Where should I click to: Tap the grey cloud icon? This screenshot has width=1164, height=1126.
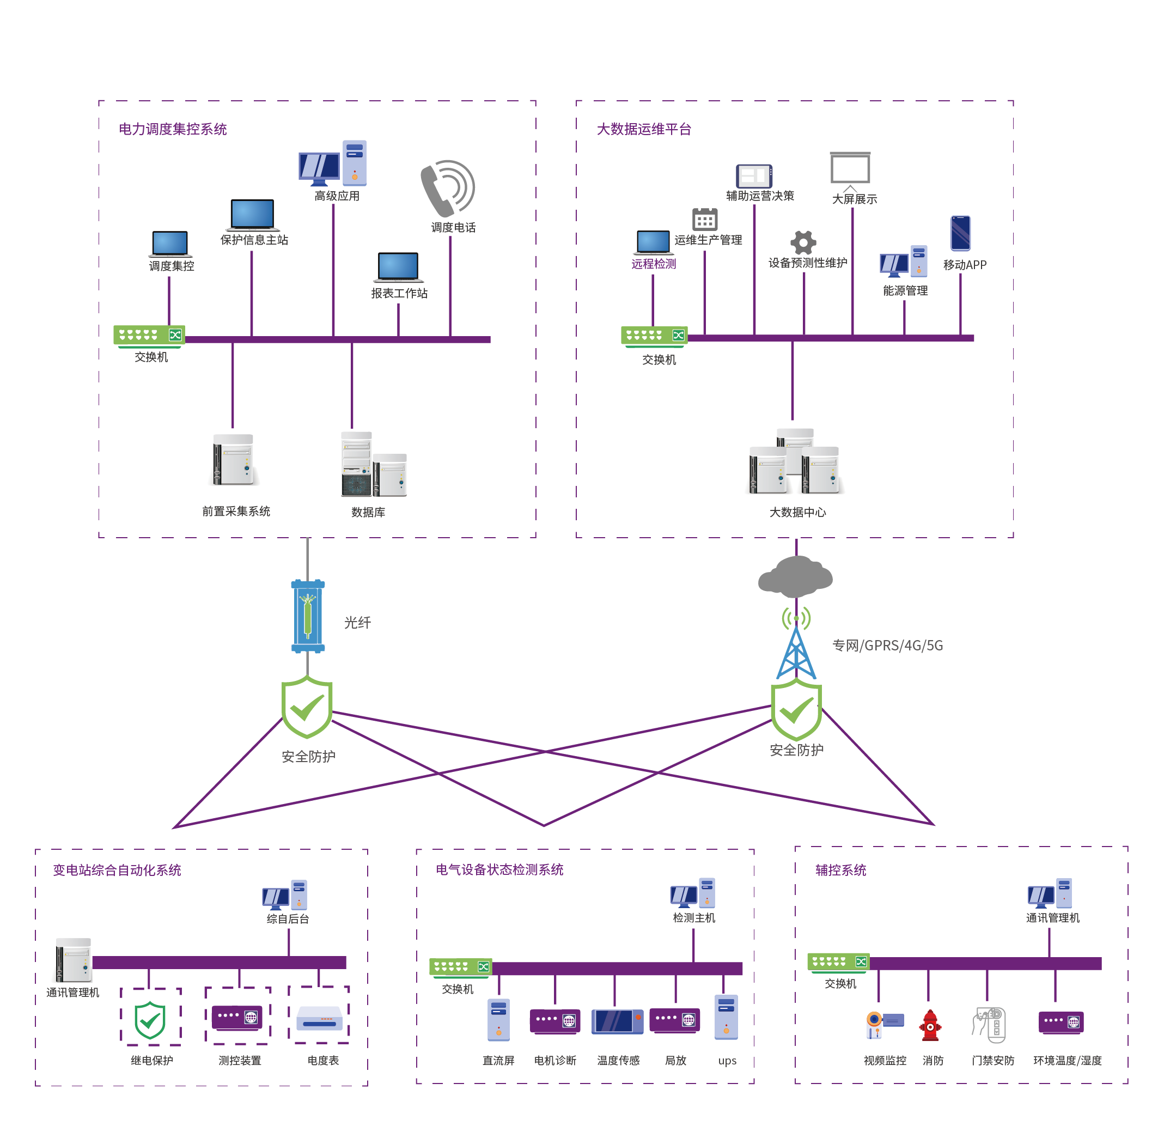pos(795,575)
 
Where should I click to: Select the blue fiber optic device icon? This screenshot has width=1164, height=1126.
pos(308,617)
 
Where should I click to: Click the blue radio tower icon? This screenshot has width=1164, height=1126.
pos(796,653)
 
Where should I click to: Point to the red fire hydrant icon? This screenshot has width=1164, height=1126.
pos(930,1026)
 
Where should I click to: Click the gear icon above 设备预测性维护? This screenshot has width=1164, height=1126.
pos(803,242)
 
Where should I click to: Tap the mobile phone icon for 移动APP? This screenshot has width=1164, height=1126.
pos(960,233)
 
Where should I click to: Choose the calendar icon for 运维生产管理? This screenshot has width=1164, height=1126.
pos(705,219)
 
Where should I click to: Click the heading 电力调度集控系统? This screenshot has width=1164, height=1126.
pos(173,130)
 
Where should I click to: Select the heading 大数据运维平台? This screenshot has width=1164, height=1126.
pos(644,130)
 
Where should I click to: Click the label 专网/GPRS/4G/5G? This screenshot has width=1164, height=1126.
pos(887,646)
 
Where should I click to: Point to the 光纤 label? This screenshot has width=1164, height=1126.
pos(357,623)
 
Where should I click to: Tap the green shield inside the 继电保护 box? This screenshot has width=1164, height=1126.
pos(150,1020)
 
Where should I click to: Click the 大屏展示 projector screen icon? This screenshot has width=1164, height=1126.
pos(850,169)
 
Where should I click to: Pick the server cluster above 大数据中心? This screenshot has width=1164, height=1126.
pos(794,462)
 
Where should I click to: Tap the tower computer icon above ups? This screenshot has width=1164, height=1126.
pos(726,1017)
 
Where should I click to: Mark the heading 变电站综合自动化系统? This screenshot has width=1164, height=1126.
pos(117,870)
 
